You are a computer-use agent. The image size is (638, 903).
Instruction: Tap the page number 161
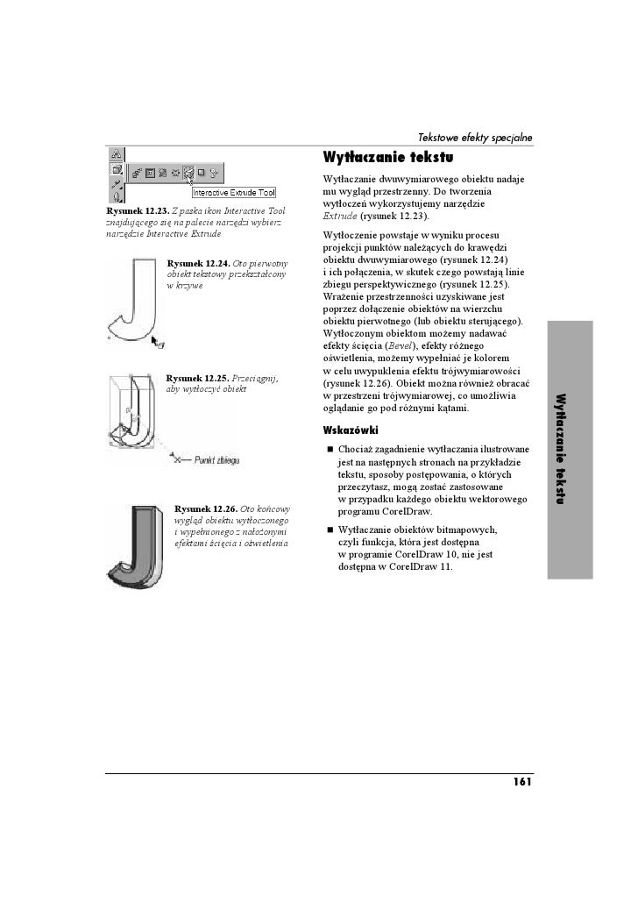pyautogui.click(x=522, y=782)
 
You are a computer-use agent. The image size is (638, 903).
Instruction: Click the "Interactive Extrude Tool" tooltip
pyautogui.click(x=234, y=193)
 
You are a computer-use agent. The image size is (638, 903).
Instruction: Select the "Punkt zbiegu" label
pyautogui.click(x=216, y=459)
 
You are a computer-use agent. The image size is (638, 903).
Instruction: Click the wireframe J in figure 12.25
pyautogui.click(x=131, y=416)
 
